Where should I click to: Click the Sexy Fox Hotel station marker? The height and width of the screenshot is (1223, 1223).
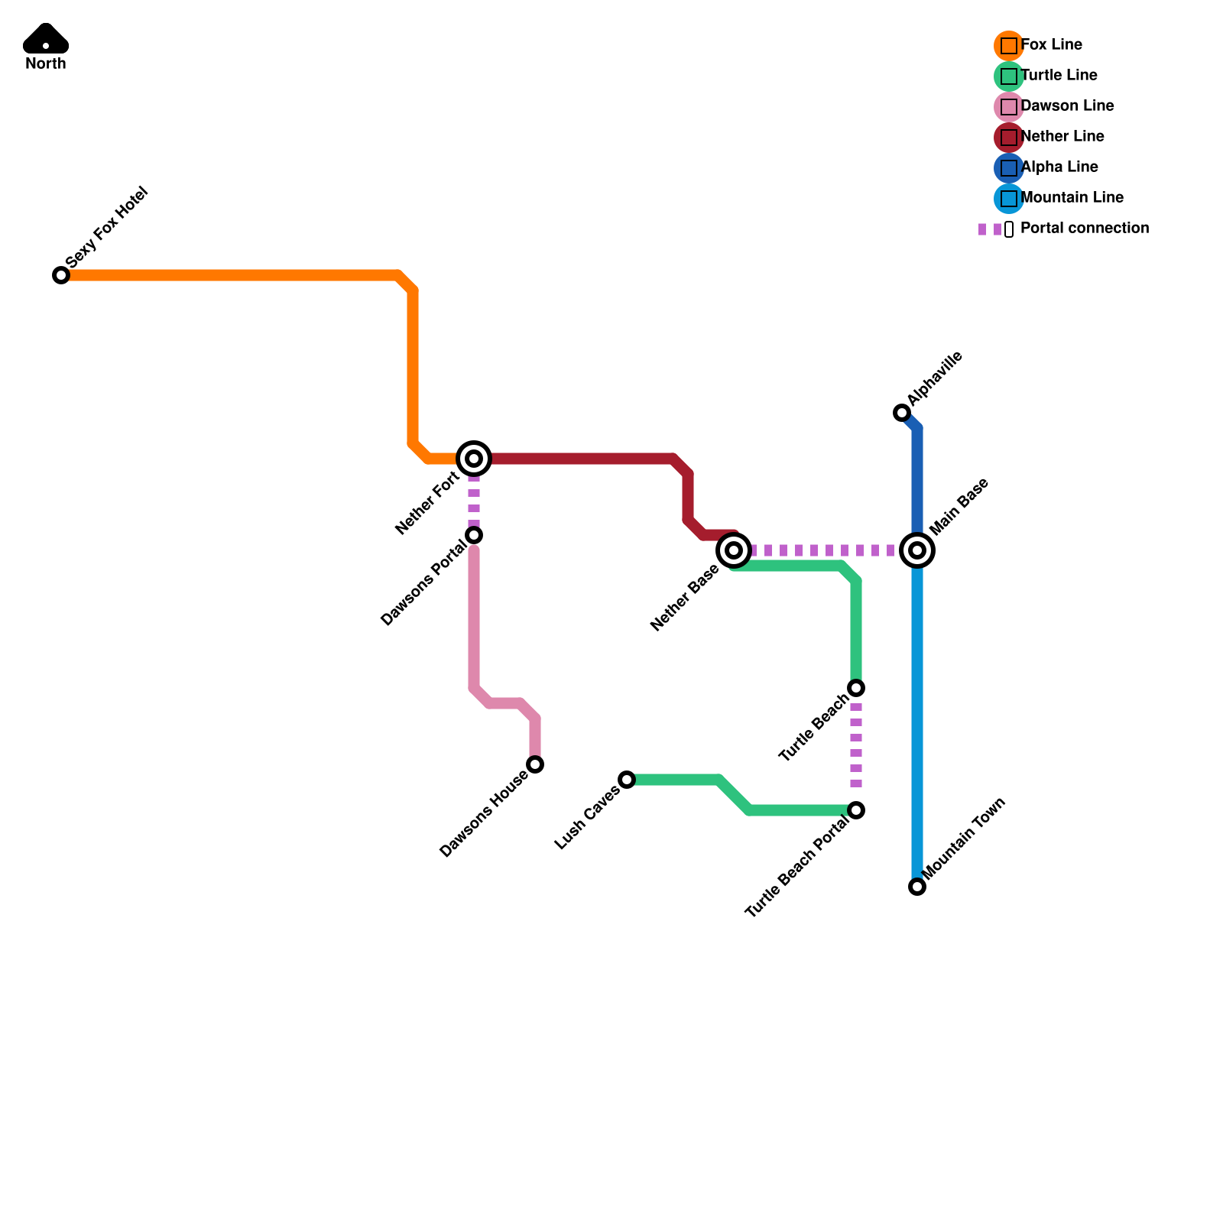coord(61,275)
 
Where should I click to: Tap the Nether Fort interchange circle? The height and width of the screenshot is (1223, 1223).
coord(474,459)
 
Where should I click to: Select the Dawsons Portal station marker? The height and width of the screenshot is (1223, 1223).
coord(474,535)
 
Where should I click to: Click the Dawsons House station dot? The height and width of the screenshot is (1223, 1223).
coord(535,764)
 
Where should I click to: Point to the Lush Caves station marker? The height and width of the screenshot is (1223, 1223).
coord(627,780)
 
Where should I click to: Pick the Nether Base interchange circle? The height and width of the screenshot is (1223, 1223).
coord(734,550)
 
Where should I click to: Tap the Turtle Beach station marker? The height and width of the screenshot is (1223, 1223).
coord(856,688)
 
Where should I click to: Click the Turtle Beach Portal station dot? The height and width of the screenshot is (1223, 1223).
coord(856,810)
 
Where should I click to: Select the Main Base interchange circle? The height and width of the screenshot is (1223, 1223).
coord(917,550)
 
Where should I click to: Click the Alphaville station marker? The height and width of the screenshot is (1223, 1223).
coord(902,413)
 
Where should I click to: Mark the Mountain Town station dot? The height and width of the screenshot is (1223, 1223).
coord(917,887)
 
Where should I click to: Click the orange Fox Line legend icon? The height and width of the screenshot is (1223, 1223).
coord(1009,46)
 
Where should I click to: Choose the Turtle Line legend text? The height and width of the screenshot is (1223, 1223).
coord(1059,75)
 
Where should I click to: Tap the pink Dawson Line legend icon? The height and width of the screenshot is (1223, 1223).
coord(1009,107)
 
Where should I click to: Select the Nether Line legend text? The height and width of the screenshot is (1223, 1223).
coord(1062,136)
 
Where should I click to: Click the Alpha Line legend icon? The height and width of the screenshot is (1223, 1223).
coord(1009,168)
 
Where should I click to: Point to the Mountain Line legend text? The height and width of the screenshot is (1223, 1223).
coord(1072,197)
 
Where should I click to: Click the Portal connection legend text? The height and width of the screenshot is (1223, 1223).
coord(1085,228)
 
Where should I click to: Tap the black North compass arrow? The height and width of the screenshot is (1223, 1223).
coord(46,39)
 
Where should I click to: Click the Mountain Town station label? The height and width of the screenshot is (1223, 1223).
coord(964,839)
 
